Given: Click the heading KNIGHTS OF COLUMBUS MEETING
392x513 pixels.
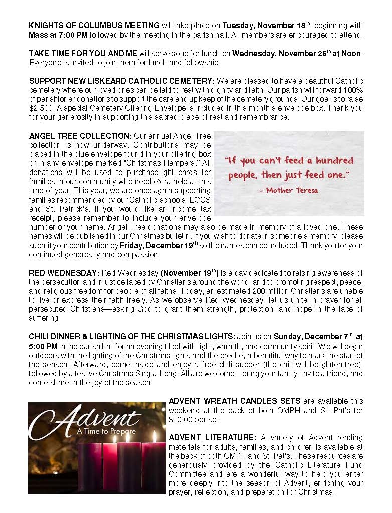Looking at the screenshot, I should coord(94,25).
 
